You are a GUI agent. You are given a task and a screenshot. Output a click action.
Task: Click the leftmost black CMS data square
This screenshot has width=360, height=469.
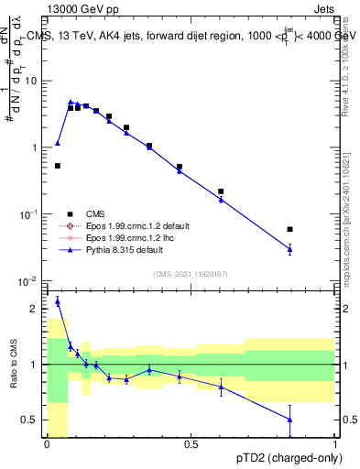click(58, 166)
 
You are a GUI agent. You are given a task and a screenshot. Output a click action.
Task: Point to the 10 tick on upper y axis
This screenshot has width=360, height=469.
click(33, 81)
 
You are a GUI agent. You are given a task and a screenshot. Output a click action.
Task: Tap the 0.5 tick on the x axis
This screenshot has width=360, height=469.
click(191, 444)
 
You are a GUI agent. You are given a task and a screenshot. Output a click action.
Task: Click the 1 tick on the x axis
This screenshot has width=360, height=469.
click(334, 444)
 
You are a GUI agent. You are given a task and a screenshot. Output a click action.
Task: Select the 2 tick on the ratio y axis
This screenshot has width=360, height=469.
click(37, 309)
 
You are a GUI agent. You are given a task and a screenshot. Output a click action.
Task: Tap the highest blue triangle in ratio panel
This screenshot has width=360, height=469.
click(58, 300)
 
